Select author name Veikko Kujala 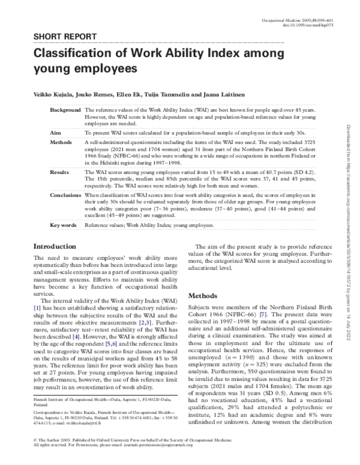click(53, 96)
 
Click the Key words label click(62, 226)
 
